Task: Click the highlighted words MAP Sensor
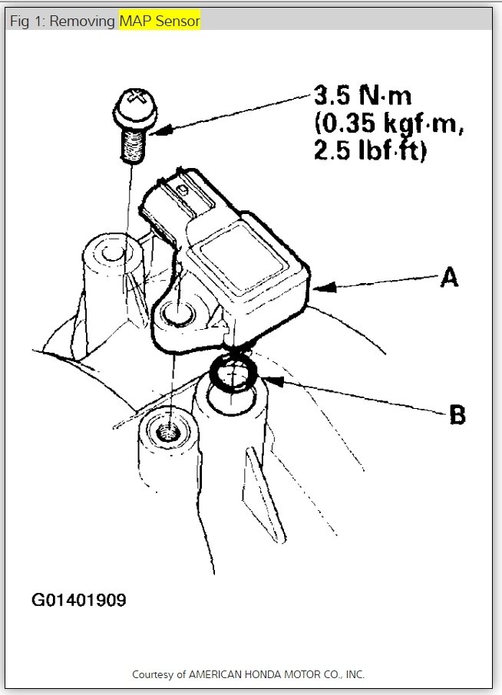pos(160,21)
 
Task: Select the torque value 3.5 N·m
pos(362,97)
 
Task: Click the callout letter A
pos(449,277)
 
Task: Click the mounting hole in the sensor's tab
pos(178,313)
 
